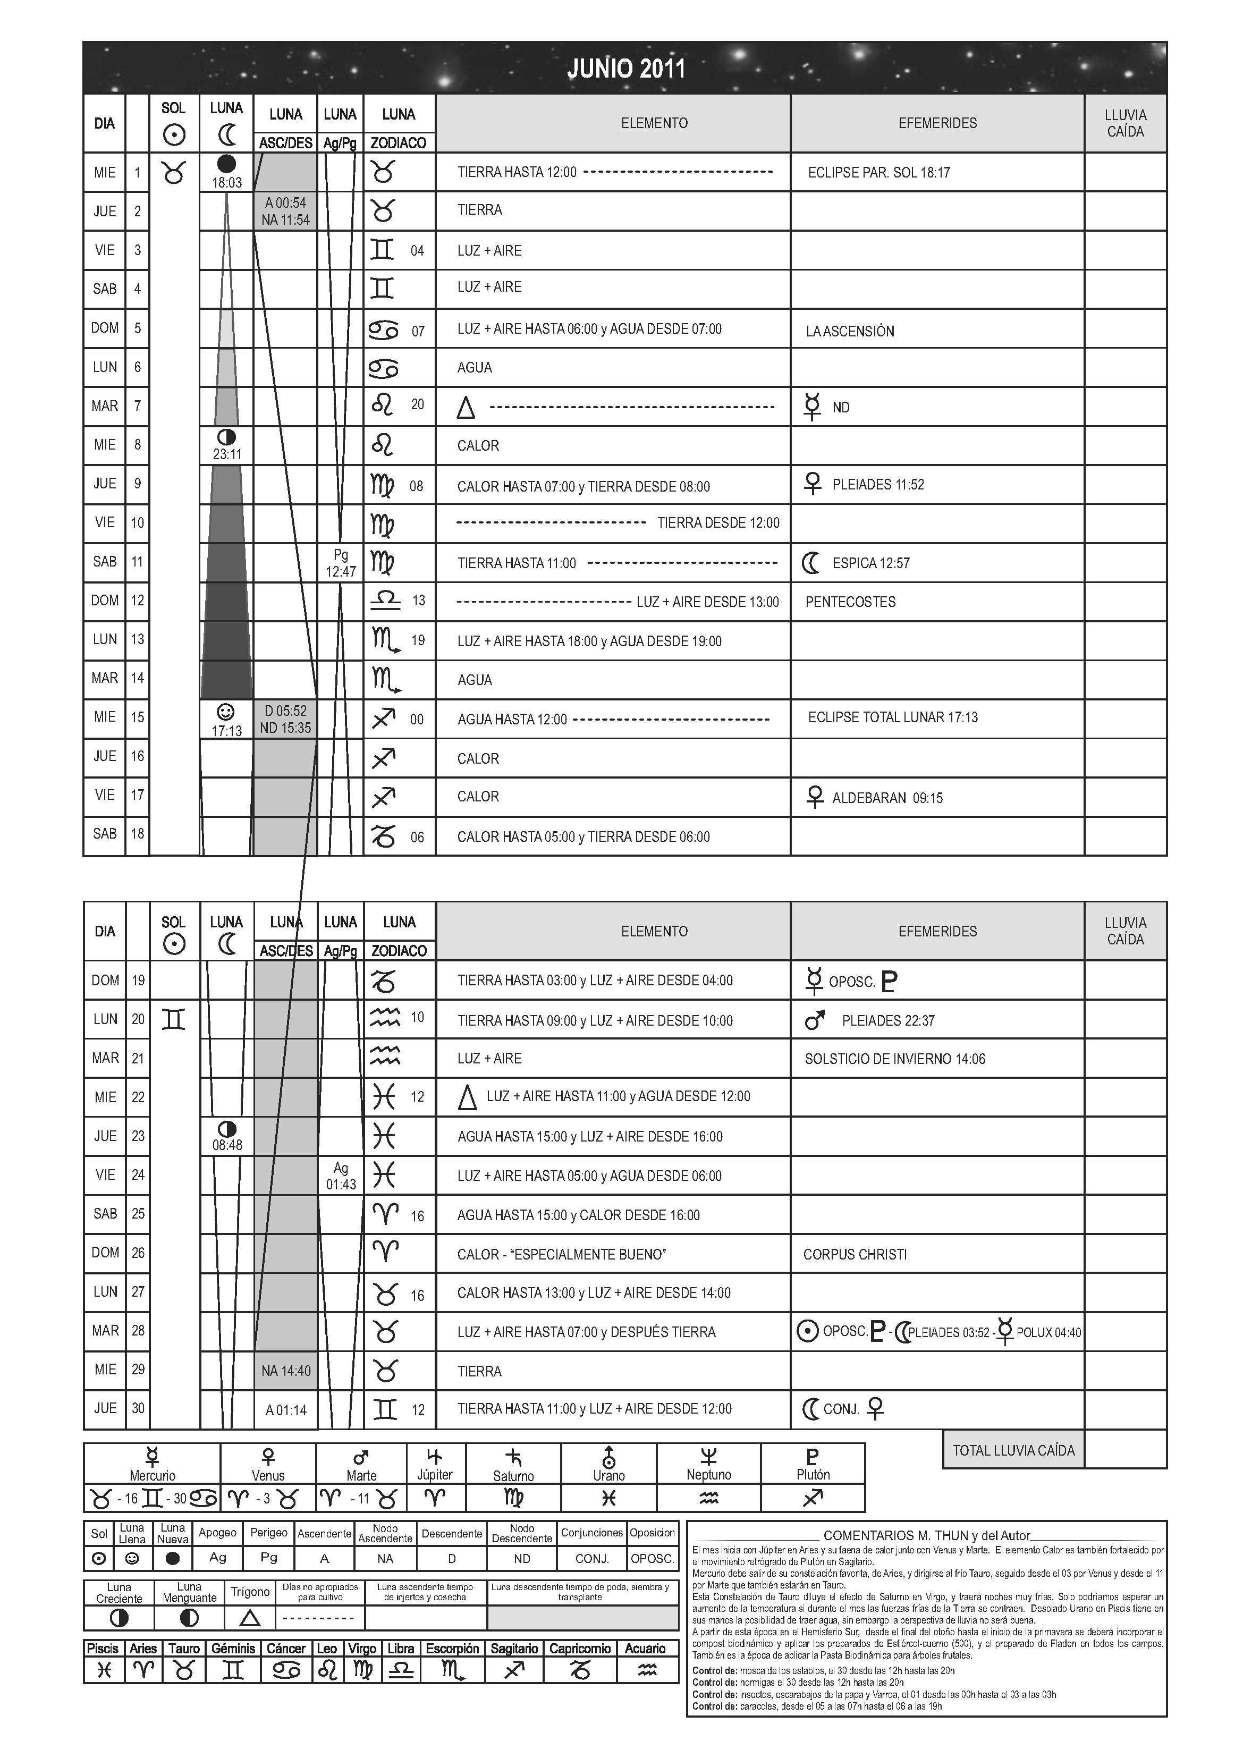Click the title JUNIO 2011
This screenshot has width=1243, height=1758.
coord(625,69)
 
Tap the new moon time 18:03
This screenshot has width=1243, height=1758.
coord(227,183)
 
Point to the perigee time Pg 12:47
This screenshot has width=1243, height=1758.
coord(341,563)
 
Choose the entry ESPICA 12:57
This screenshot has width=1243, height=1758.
coord(871,563)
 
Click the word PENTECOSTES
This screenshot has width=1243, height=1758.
coord(850,602)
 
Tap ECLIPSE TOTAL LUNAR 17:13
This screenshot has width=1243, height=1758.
coord(893,717)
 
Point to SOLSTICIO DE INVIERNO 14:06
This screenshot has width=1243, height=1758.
coord(894,1059)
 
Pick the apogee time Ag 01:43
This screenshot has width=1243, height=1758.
coord(341,1176)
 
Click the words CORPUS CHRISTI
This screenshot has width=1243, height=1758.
coord(855,1254)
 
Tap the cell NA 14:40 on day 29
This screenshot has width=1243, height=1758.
coord(286,1371)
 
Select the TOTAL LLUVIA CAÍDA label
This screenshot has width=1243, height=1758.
coord(1013,1450)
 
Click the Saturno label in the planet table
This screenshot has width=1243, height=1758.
coord(513,1476)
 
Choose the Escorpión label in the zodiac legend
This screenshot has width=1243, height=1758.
coord(452,1649)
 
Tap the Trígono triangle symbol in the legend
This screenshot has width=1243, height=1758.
coord(250,1618)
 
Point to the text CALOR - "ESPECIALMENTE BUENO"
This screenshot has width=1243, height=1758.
coord(561,1254)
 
